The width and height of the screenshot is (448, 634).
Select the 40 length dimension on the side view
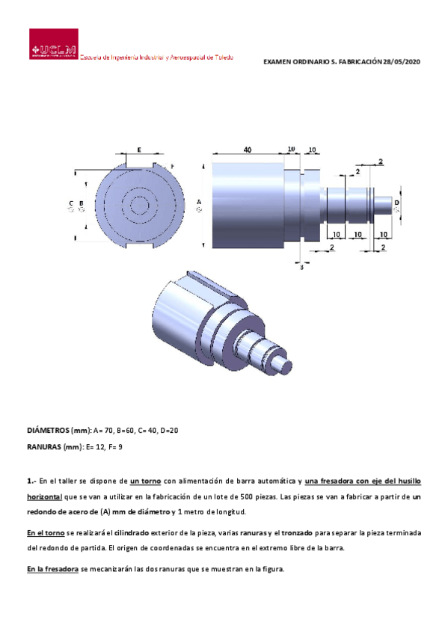tap(248, 150)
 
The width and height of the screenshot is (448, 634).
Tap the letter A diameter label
tap(199, 202)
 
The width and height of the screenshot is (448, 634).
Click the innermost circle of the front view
tap(138, 203)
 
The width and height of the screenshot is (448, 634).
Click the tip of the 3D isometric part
tap(282, 364)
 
